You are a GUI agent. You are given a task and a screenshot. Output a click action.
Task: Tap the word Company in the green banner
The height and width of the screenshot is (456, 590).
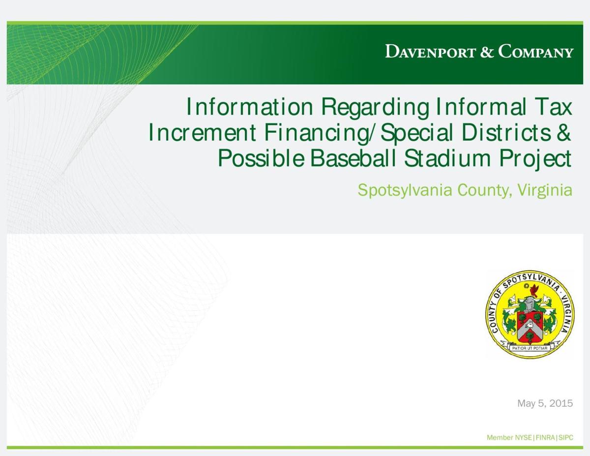click(x=536, y=52)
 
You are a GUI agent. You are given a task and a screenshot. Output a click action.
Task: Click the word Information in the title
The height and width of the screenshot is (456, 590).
click(x=249, y=107)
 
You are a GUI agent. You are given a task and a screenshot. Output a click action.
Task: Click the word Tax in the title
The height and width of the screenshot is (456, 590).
click(x=554, y=107)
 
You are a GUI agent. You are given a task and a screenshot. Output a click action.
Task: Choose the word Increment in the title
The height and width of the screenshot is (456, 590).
click(x=202, y=133)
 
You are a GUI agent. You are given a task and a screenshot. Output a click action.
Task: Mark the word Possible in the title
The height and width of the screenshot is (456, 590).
click(x=261, y=159)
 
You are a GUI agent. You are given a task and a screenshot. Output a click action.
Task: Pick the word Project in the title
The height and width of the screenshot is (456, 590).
click(x=536, y=159)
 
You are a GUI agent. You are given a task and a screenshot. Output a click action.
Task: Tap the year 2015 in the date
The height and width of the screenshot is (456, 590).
click(x=561, y=404)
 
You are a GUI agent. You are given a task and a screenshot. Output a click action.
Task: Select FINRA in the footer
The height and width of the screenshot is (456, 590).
click(x=545, y=438)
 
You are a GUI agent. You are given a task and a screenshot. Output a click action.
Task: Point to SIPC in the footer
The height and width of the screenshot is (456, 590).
click(x=565, y=438)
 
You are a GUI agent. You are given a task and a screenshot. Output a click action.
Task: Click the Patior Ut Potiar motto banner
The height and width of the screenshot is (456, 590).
click(x=530, y=348)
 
